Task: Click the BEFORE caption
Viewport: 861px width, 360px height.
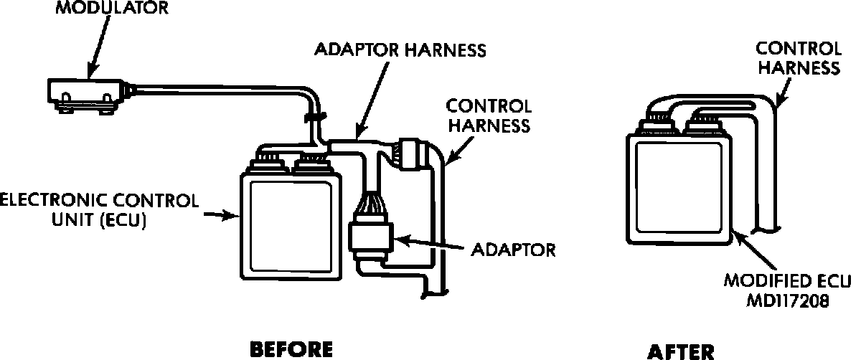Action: (291, 349)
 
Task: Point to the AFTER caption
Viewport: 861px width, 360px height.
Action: (681, 351)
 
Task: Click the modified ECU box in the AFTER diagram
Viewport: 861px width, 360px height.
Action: (677, 186)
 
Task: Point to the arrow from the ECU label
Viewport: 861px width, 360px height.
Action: (222, 214)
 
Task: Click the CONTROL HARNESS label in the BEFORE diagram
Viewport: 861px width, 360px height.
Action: (489, 115)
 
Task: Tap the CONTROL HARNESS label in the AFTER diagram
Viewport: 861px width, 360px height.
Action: (799, 58)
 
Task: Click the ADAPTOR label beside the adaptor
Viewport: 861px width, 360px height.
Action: (514, 251)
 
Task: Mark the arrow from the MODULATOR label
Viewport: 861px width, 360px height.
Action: (100, 44)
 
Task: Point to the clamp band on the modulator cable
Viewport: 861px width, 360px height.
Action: (314, 116)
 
